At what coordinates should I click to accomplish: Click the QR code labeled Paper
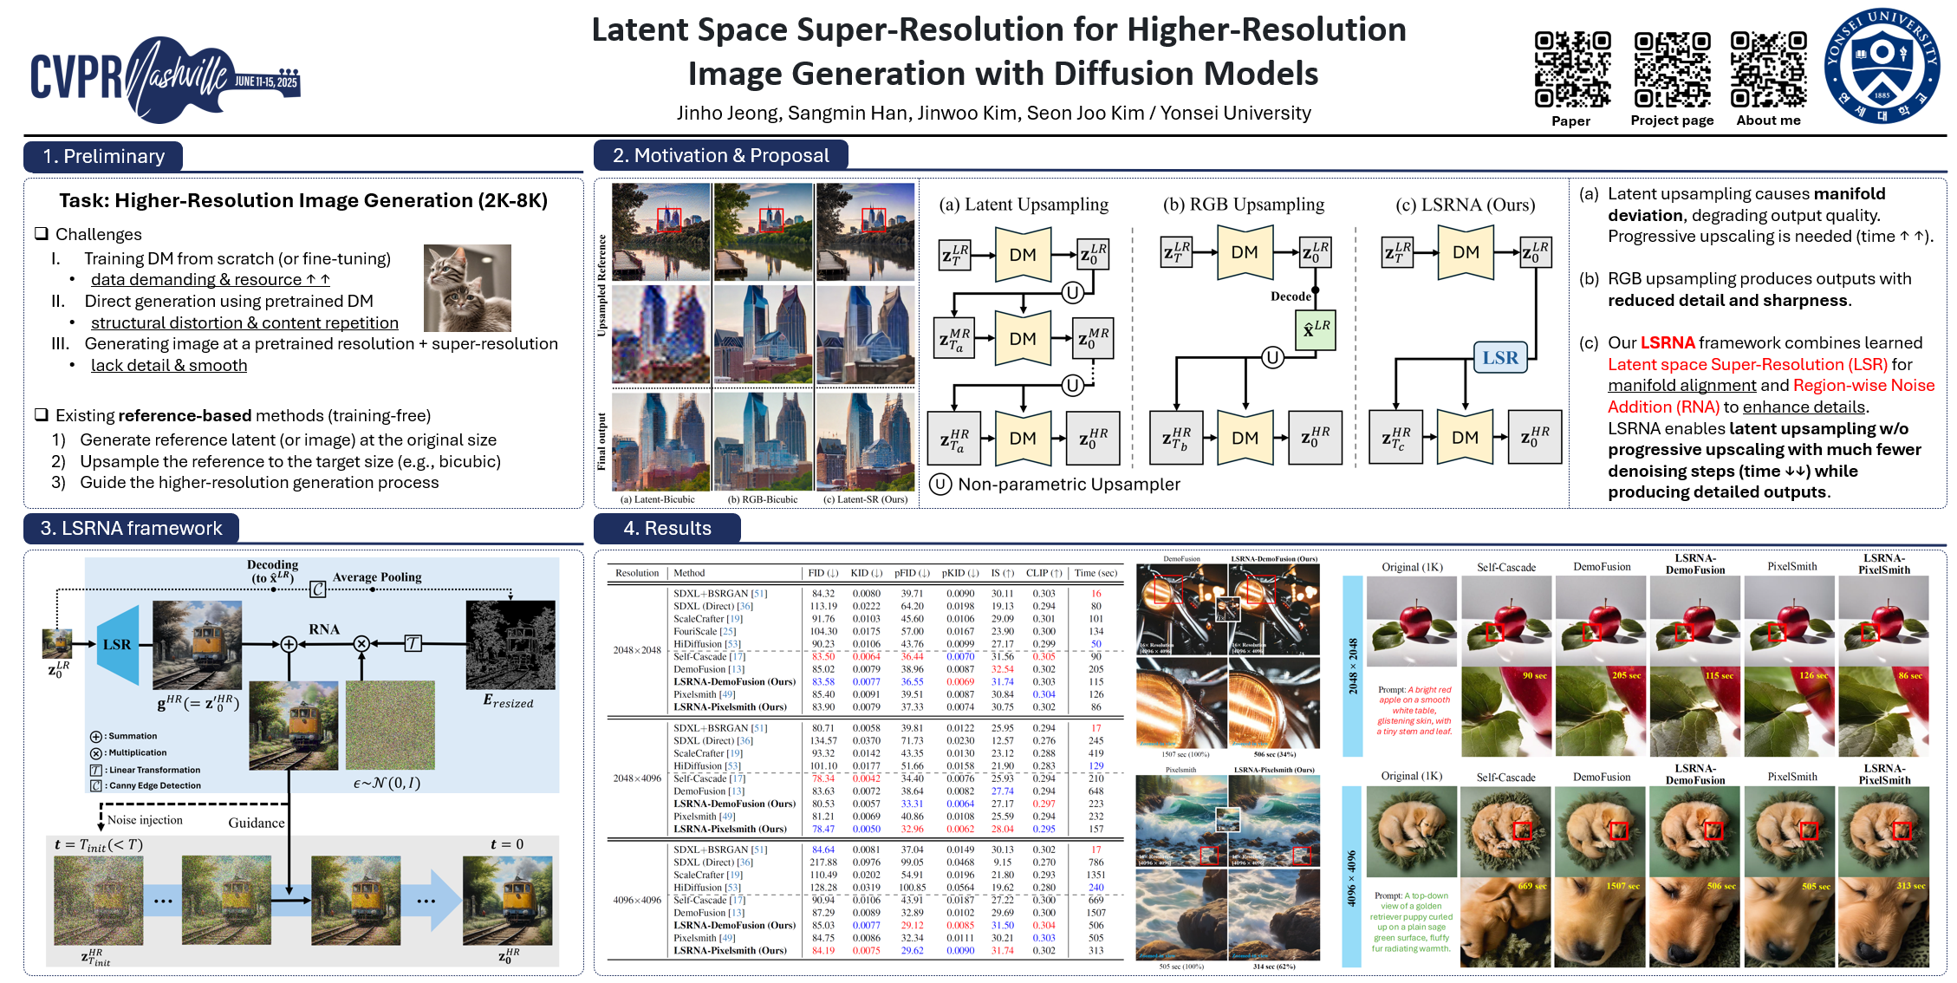(x=1572, y=69)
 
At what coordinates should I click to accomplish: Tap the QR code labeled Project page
(x=1672, y=69)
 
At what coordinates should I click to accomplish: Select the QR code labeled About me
(x=1768, y=69)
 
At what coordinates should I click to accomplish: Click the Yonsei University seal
(x=1882, y=66)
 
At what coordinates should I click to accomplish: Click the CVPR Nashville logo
(x=165, y=78)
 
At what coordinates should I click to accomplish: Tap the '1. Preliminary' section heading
(x=104, y=156)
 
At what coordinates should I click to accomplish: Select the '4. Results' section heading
(x=667, y=528)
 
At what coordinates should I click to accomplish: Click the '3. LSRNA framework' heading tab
(x=132, y=528)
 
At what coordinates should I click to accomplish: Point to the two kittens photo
(x=467, y=288)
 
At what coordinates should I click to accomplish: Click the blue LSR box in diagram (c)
(x=1499, y=358)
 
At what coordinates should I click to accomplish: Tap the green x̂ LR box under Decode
(x=1317, y=329)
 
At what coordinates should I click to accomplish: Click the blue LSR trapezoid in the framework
(x=118, y=645)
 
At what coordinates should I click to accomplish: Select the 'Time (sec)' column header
(x=1096, y=573)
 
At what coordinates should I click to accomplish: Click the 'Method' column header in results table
(x=689, y=573)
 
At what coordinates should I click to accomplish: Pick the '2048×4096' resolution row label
(x=637, y=778)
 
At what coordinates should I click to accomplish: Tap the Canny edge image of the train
(x=510, y=645)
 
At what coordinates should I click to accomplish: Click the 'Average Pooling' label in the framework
(x=377, y=577)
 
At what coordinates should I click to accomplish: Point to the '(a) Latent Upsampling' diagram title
(x=1024, y=205)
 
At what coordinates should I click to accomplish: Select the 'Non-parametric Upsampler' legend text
(x=1069, y=485)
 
